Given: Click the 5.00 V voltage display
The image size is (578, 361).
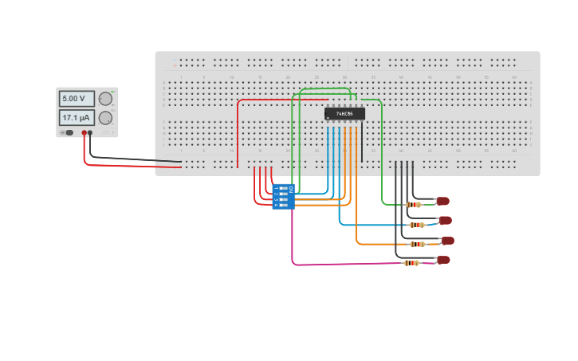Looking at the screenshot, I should [x=76, y=99].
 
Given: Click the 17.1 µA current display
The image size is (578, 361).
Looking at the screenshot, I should [x=76, y=118].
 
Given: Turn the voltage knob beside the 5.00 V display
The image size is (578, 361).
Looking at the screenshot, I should [x=105, y=99].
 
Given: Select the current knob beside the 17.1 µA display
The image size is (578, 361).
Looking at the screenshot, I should [x=105, y=118].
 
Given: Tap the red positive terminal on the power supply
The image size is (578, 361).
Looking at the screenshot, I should [x=84, y=133].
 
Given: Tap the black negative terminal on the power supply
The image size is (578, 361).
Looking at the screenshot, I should [x=90, y=133].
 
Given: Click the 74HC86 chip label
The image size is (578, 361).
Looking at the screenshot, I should [x=344, y=114].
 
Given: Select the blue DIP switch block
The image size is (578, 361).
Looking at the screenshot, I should [x=283, y=196].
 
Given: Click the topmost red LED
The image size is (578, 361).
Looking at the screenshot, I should [x=442, y=201].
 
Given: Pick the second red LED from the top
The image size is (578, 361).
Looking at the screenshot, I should [x=445, y=220].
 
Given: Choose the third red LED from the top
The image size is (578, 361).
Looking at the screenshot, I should [x=447, y=240].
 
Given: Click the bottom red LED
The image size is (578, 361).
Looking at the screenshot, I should [x=443, y=260].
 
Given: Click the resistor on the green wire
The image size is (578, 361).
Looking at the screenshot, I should [x=413, y=205].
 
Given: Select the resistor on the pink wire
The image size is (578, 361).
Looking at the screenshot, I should [x=411, y=263].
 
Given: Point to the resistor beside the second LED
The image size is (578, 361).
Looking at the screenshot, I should [x=416, y=225].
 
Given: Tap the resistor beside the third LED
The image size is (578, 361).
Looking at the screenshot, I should [x=416, y=244].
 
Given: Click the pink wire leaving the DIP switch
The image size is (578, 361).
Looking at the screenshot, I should [x=293, y=239].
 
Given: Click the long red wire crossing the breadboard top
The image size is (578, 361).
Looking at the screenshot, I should [x=279, y=100].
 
